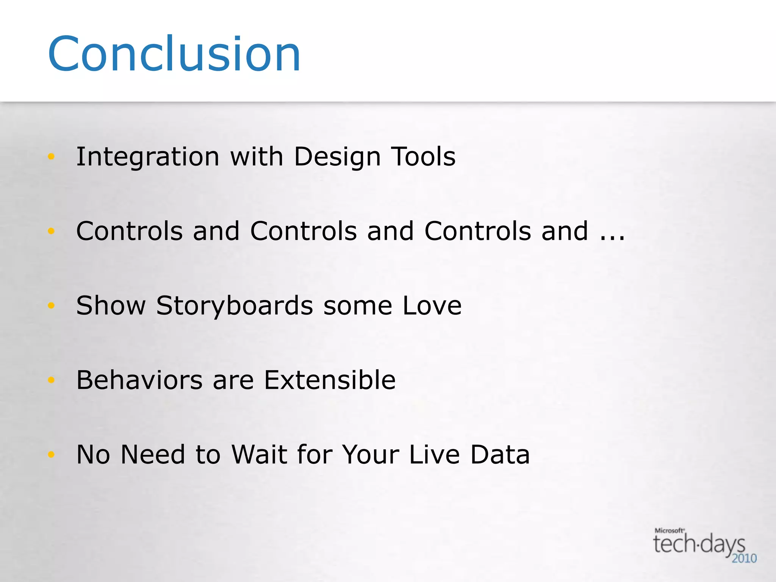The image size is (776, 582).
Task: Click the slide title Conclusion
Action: pos(174,54)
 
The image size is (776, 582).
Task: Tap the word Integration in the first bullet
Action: pos(148,157)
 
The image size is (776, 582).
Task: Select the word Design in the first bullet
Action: pos(337,157)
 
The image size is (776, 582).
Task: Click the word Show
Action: pos(111,305)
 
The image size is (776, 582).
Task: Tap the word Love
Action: pos(432,305)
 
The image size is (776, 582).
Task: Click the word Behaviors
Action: pos(139,380)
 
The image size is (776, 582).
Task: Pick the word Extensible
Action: pos(330,380)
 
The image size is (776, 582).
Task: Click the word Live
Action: pos(434,454)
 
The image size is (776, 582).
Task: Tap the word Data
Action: pos(500,454)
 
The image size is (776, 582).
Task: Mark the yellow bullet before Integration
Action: pos(52,156)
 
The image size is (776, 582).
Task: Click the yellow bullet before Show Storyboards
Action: pos(52,305)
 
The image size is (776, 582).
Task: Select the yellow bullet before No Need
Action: pos(52,454)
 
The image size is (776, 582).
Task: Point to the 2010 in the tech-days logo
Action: pos(744,559)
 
